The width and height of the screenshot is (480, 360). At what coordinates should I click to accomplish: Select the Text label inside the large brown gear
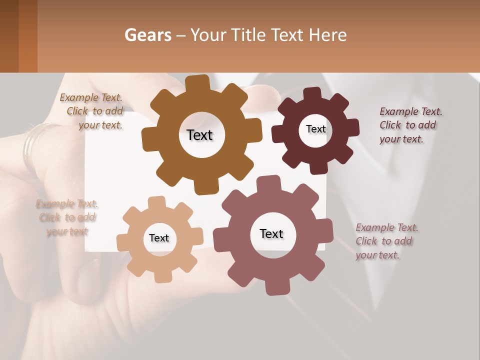[x=199, y=135]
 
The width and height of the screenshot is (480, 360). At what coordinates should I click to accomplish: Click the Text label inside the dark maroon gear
[x=315, y=129]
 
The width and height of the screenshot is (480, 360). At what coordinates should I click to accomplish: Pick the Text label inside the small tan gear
[x=159, y=238]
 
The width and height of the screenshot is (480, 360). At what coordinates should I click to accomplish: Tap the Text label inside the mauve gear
[x=271, y=234]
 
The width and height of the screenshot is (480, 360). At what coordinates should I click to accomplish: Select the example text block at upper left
[x=93, y=111]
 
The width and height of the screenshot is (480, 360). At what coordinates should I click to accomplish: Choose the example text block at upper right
[x=410, y=125]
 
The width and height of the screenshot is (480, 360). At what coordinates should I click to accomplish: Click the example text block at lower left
[x=67, y=217]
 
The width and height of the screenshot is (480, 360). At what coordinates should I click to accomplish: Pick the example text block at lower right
[x=386, y=241]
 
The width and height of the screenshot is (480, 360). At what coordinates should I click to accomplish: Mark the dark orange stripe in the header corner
[x=28, y=36]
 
